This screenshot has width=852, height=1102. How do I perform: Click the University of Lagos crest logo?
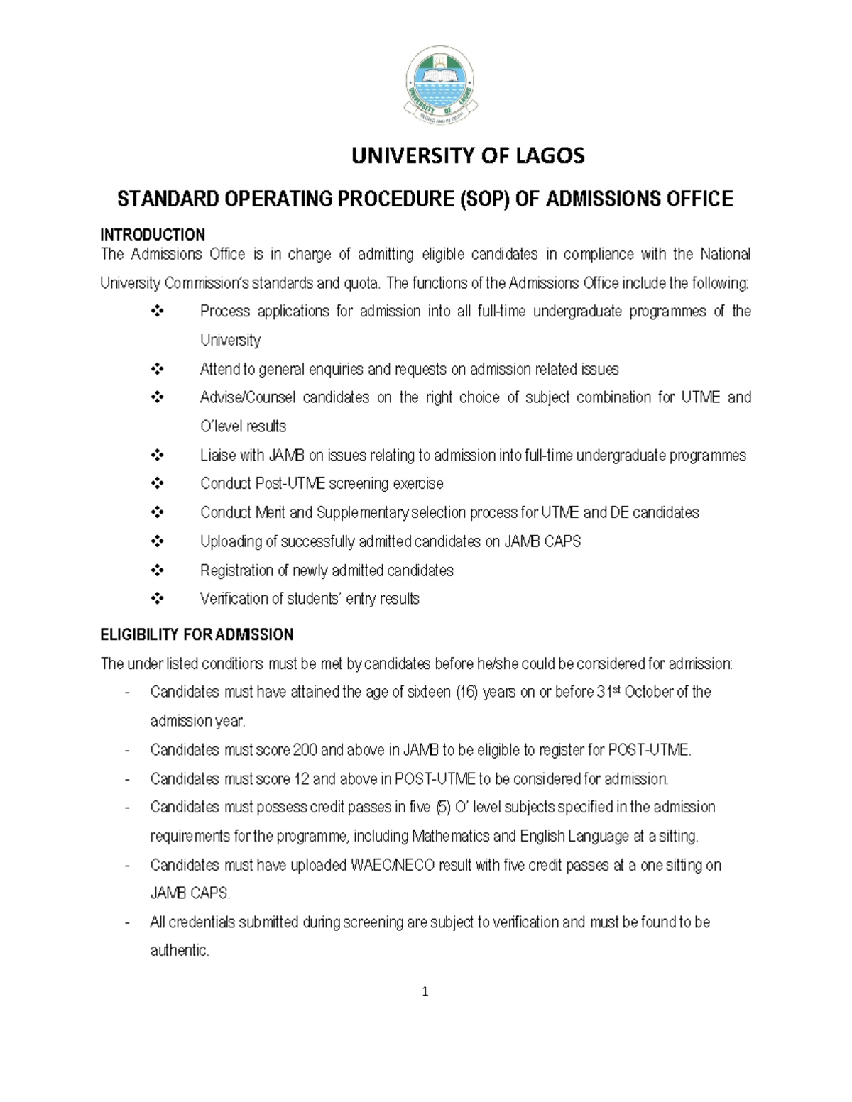pyautogui.click(x=441, y=90)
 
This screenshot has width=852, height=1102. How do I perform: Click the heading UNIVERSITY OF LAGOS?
pyautogui.click(x=468, y=156)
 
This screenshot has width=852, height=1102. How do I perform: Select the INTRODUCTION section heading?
pyautogui.click(x=153, y=235)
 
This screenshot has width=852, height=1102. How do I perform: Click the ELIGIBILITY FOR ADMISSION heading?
pyautogui.click(x=197, y=634)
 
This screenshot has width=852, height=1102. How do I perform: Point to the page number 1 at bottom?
pyautogui.click(x=425, y=992)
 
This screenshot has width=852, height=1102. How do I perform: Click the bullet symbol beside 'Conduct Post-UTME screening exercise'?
pyautogui.click(x=158, y=484)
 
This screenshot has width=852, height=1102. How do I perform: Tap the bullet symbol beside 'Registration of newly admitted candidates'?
pyautogui.click(x=158, y=571)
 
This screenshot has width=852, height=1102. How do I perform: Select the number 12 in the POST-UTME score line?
pyautogui.click(x=301, y=779)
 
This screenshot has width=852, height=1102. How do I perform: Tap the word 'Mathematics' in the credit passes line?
pyautogui.click(x=450, y=837)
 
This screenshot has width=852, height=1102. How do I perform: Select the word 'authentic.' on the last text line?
pyautogui.click(x=180, y=951)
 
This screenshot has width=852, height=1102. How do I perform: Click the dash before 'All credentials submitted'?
pyautogui.click(x=126, y=922)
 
